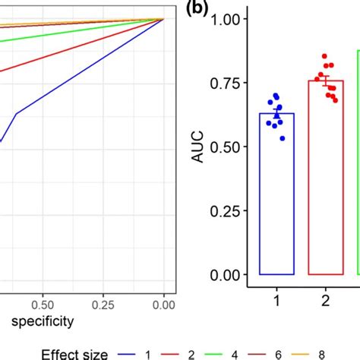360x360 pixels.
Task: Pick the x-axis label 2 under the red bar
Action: tap(325, 301)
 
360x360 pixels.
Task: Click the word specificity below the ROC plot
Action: tap(37, 321)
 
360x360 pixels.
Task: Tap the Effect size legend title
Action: tap(75, 352)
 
